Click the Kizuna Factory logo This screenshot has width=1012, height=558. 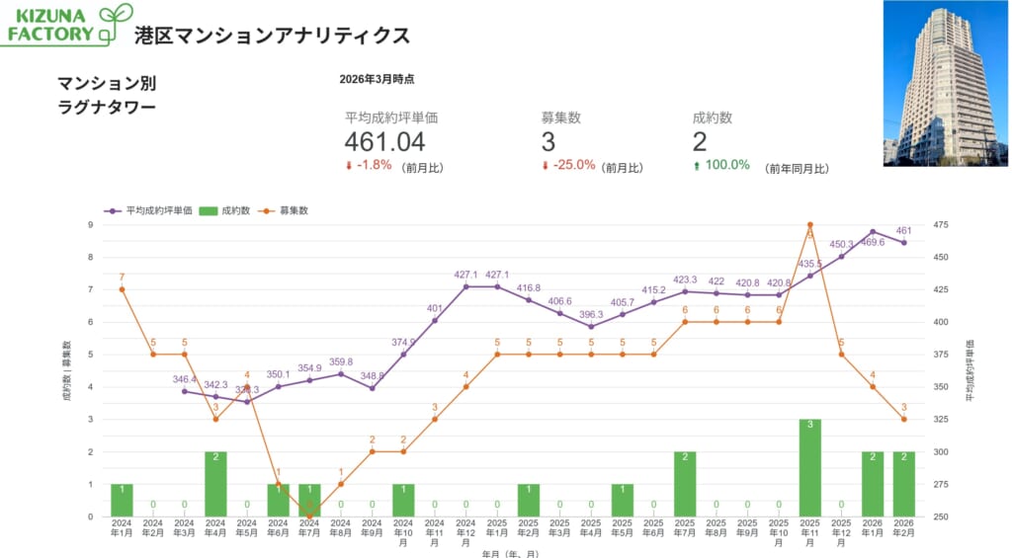[66, 25]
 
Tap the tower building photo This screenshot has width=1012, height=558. [945, 83]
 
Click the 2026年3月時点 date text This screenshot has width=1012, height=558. [377, 78]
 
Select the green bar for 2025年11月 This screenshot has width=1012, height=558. [809, 468]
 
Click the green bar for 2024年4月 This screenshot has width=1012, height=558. [215, 484]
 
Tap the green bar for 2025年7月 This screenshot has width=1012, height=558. [685, 484]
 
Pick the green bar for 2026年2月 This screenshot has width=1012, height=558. [903, 484]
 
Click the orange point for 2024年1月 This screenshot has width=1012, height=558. [122, 289]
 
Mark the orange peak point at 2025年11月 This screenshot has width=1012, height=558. [809, 225]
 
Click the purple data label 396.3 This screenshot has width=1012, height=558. [591, 314]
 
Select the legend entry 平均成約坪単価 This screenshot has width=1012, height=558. [157, 210]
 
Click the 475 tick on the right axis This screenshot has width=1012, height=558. [941, 225]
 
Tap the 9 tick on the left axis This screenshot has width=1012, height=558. [91, 225]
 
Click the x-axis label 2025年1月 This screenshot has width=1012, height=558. [497, 528]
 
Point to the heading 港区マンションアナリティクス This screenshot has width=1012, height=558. [272, 36]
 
